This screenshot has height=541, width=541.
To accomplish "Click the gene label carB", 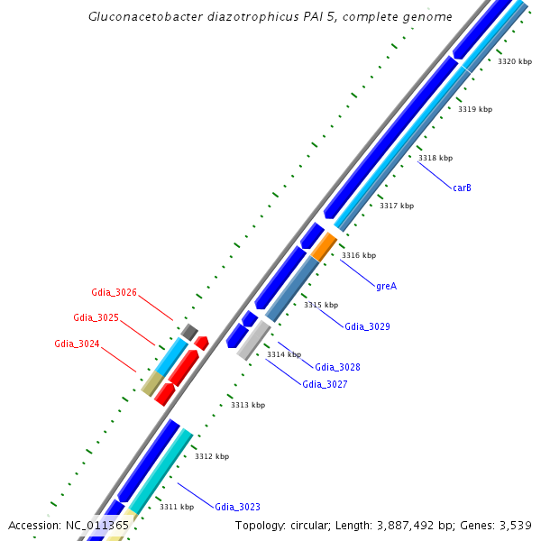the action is click(x=462, y=188).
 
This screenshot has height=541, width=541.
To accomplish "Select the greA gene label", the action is click(x=386, y=286).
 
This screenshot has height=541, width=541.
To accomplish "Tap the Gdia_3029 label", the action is click(x=367, y=326).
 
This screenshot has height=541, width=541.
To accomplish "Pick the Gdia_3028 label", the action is click(x=337, y=367).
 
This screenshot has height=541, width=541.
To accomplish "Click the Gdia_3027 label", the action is click(x=325, y=384).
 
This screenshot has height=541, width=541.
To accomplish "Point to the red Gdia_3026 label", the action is click(x=114, y=292).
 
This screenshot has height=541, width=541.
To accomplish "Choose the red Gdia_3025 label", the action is click(x=96, y=317).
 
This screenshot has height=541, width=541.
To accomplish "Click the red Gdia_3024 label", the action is click(x=77, y=344).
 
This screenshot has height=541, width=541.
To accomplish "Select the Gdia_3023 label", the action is click(x=237, y=507).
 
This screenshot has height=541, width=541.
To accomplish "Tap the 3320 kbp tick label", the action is click(x=515, y=61).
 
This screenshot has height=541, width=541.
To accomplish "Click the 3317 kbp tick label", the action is click(x=396, y=206).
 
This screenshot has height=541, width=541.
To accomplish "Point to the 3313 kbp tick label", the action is click(x=248, y=405).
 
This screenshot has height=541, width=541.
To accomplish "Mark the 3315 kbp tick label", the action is click(x=320, y=305).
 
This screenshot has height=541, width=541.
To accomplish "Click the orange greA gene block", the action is click(x=324, y=246).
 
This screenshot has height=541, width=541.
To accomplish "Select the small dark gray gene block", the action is click(x=188, y=333).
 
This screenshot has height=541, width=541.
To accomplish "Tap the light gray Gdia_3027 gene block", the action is click(x=253, y=339).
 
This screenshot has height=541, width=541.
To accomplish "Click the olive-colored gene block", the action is click(x=152, y=384).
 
